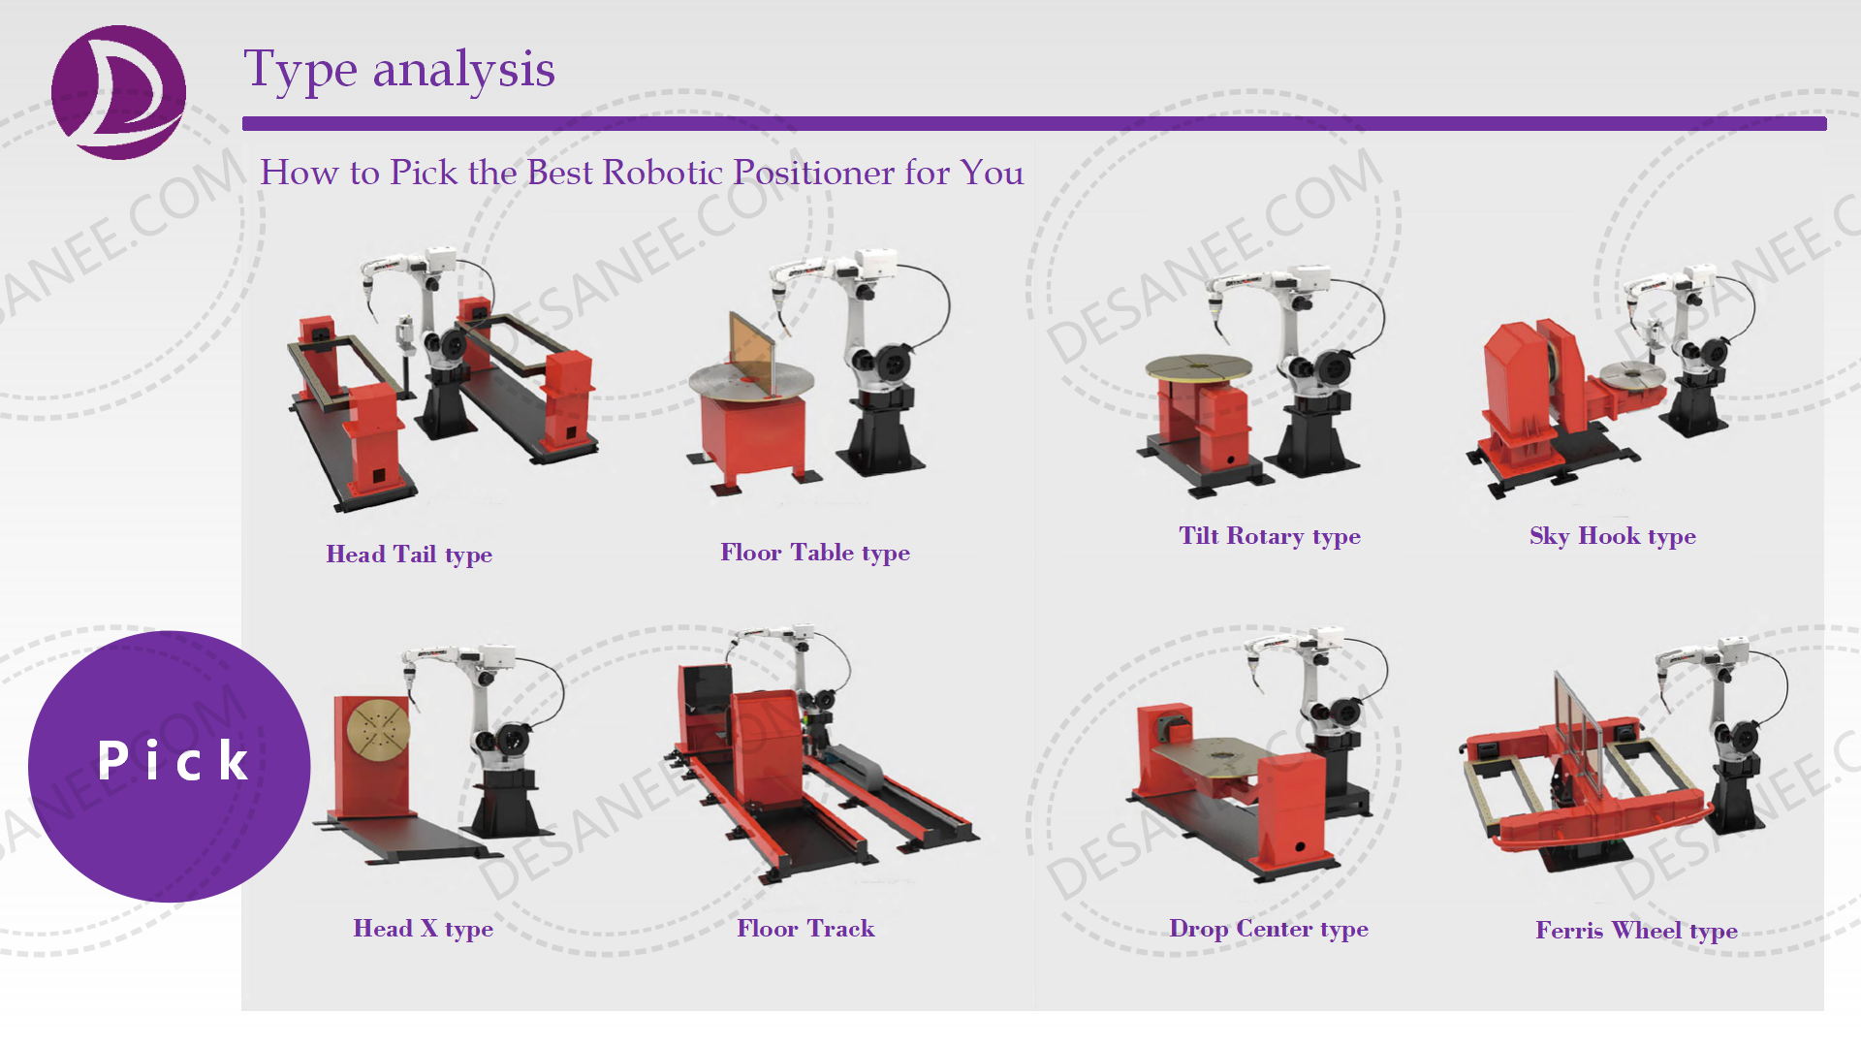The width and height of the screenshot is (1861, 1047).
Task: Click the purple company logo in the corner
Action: pos(118,92)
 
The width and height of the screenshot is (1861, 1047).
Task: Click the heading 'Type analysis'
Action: pos(398,70)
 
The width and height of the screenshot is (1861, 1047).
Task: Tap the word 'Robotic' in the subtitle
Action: pos(662,173)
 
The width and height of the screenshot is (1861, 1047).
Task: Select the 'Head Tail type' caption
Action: pos(409,555)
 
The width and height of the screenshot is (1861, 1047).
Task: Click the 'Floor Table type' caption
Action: pos(814,553)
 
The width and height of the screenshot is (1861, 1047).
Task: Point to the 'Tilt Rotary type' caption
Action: pos(1269,536)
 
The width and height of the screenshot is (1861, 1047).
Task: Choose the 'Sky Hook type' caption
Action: pos(1612,536)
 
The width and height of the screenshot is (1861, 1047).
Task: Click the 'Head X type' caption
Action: pos(423,929)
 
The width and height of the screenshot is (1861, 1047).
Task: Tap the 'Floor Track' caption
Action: pos(804,929)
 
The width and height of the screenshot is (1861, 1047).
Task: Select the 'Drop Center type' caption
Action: pos(1268,929)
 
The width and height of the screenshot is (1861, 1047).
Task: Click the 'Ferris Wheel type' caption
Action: pos(1635,931)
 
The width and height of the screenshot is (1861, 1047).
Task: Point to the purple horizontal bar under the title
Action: pos(1033,123)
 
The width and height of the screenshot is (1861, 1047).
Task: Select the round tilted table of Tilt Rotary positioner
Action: pos(1198,365)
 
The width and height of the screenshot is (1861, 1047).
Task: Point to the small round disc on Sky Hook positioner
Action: pos(1632,372)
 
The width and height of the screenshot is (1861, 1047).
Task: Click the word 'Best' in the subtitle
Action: pos(559,173)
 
